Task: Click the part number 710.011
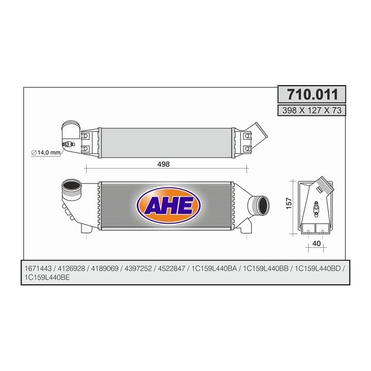point(312,95)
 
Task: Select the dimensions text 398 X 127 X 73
point(312,110)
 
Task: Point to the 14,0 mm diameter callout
point(47,153)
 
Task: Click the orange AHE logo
point(165,205)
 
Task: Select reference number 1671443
point(38,269)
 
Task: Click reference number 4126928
point(72,269)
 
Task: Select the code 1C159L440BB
point(266,269)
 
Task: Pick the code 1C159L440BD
point(317,269)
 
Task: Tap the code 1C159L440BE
point(48,278)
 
